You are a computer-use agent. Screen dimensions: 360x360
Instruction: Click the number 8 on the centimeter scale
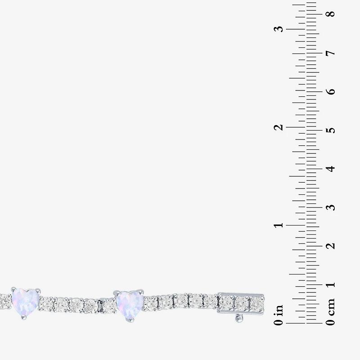pyautogui.click(x=331, y=14)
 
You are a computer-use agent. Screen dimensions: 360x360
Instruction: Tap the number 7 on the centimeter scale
pyautogui.click(x=331, y=53)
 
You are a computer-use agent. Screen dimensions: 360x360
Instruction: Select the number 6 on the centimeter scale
pyautogui.click(x=331, y=91)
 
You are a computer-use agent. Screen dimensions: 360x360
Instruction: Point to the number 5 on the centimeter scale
pyautogui.click(x=331, y=130)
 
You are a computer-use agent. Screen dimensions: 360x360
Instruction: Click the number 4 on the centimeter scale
pyautogui.click(x=331, y=169)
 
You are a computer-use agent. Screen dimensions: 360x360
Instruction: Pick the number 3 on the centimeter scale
pyautogui.click(x=331, y=207)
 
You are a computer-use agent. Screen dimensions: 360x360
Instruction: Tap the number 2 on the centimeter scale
pyautogui.click(x=331, y=246)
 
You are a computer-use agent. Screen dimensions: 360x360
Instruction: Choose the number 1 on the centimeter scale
pyautogui.click(x=331, y=285)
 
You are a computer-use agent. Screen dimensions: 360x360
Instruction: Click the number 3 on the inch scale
pyautogui.click(x=279, y=29)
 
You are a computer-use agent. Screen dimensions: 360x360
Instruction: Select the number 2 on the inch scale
pyautogui.click(x=279, y=127)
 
